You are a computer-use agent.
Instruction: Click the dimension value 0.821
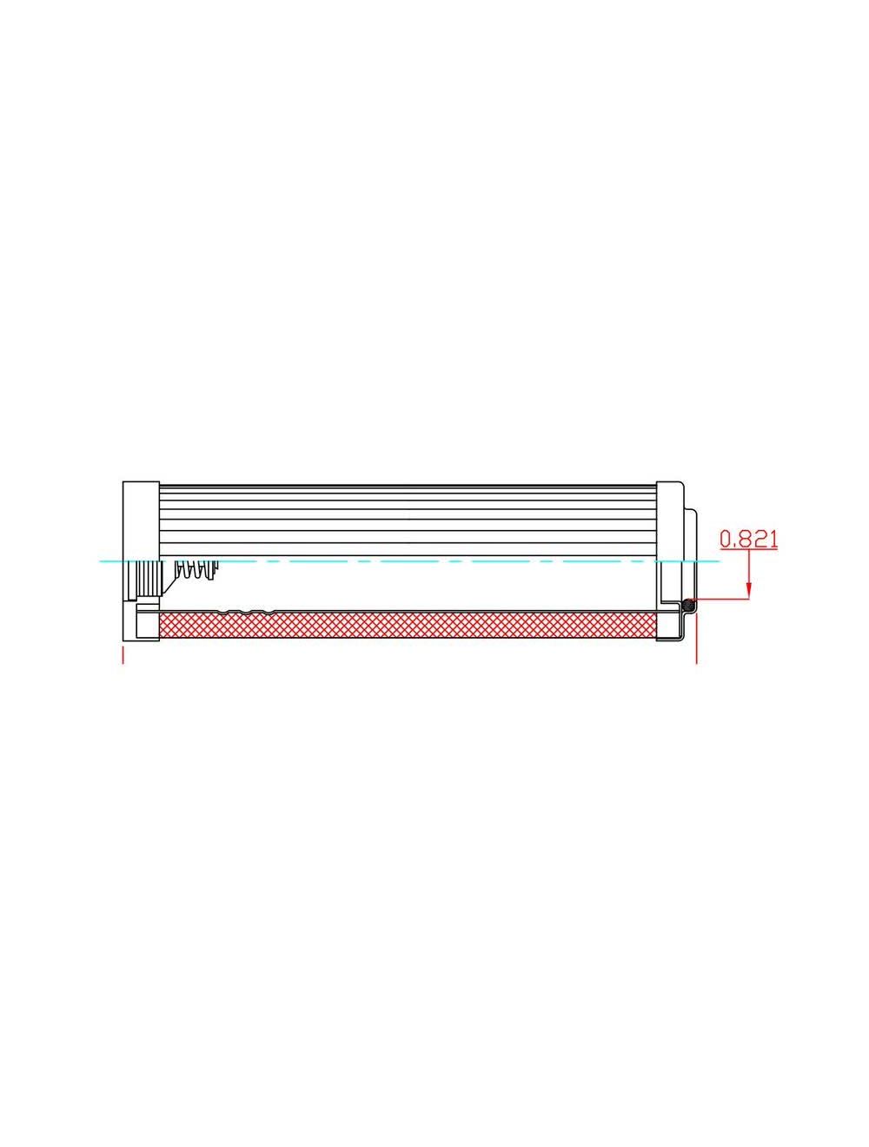click(x=748, y=540)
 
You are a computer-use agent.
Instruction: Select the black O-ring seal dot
click(x=688, y=605)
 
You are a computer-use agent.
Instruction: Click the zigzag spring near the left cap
click(x=195, y=570)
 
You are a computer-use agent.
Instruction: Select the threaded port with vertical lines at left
click(x=145, y=579)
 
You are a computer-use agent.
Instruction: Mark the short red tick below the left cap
click(x=123, y=654)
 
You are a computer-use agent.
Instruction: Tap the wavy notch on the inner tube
click(x=248, y=613)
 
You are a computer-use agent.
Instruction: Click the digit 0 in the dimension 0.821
click(x=726, y=540)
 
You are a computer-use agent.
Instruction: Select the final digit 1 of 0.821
click(x=772, y=540)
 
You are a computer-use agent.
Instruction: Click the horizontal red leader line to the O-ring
click(x=721, y=599)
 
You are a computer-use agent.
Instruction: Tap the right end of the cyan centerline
click(x=718, y=561)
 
